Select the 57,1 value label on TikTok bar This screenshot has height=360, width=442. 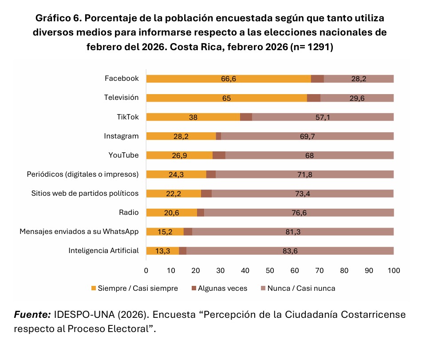click(x=322, y=117)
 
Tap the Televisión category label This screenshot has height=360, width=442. click(x=121, y=98)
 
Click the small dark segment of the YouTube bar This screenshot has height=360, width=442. click(x=219, y=155)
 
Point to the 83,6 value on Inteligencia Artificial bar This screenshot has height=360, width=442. click(x=290, y=251)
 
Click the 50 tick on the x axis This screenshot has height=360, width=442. click(x=270, y=270)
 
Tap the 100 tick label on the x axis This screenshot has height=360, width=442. click(x=394, y=270)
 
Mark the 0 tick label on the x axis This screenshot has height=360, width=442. click(x=146, y=270)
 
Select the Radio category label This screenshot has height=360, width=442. click(x=129, y=213)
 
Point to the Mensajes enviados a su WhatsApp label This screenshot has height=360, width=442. click(x=79, y=232)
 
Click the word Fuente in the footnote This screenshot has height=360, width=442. click(x=32, y=315)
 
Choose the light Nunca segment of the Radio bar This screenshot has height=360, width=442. click(x=299, y=213)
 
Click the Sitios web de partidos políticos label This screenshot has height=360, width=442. click(x=85, y=194)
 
